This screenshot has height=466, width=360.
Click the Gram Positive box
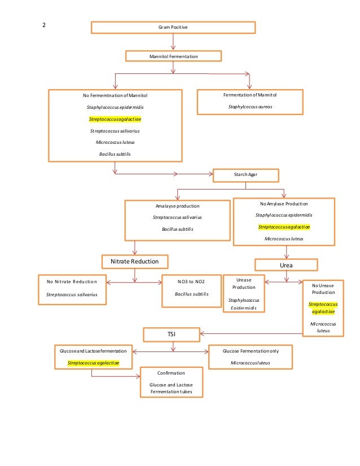tap(173, 27)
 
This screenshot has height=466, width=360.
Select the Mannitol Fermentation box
tap(173, 56)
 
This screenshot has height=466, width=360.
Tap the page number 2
tap(44, 25)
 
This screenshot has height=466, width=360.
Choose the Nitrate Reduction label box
tap(134, 261)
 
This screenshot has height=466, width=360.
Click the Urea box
tap(286, 264)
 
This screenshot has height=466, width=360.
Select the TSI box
tap(171, 335)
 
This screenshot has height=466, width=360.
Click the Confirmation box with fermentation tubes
tap(171, 382)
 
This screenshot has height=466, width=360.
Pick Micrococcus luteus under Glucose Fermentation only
tap(251, 363)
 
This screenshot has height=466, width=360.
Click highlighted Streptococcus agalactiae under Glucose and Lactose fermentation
tap(93, 363)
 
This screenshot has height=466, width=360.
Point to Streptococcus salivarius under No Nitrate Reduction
tap(72, 294)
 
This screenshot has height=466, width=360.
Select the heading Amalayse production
tap(177, 206)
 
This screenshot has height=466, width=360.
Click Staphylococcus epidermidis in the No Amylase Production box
tap(284, 215)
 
